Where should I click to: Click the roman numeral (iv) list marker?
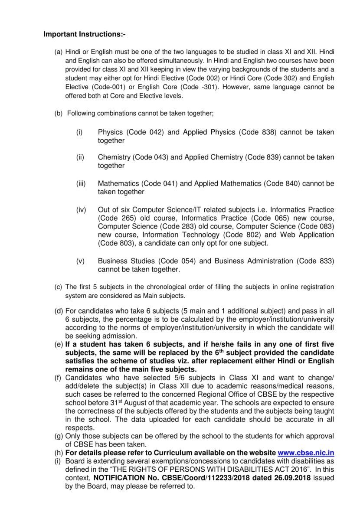81,210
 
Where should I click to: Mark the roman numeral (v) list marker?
80,261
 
